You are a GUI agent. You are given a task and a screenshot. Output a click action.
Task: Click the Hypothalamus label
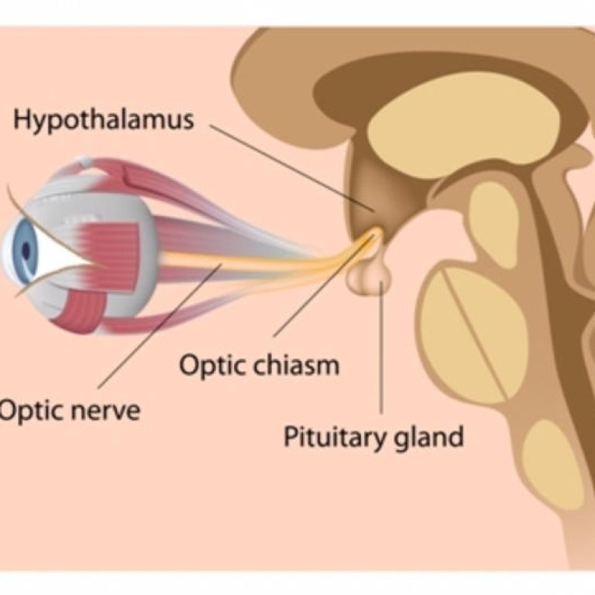click(104, 121)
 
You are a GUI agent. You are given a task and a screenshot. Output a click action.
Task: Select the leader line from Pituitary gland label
click(381, 349)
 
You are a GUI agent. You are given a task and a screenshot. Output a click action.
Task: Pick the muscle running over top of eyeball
click(139, 174)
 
